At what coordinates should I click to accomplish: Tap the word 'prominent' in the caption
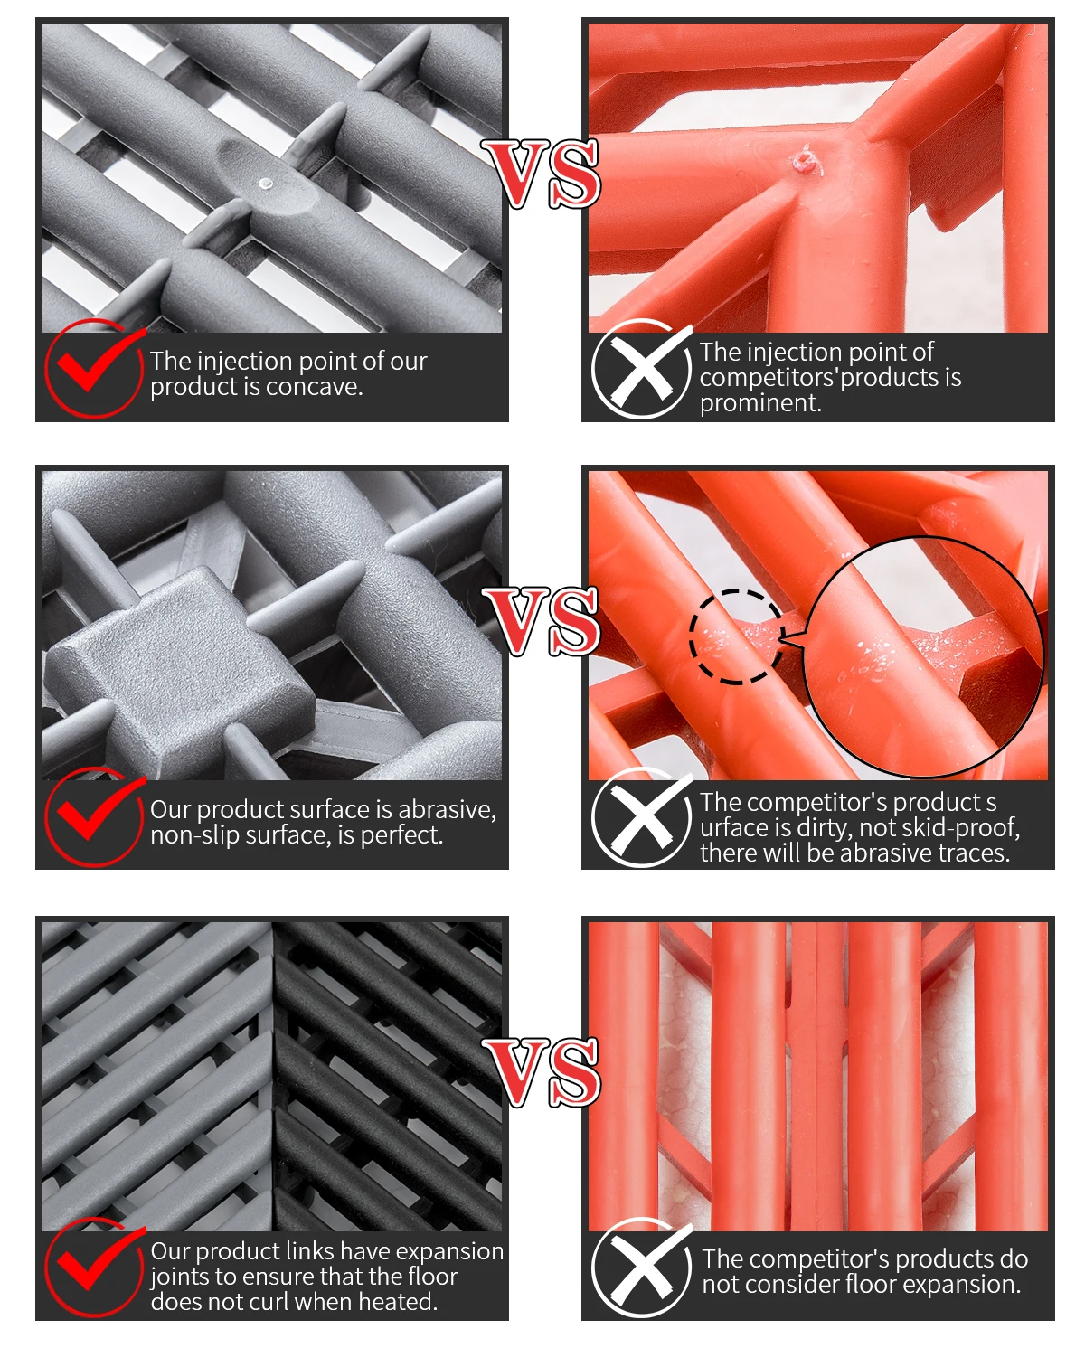(x=759, y=404)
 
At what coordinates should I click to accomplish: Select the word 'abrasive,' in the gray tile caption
(x=447, y=811)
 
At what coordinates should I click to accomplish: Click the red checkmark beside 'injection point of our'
(x=97, y=363)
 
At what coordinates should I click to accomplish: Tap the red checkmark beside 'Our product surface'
(x=97, y=812)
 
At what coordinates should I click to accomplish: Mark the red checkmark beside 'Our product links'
(x=97, y=1260)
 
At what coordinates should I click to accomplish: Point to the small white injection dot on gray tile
(x=266, y=183)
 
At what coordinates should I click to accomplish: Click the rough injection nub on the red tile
(x=805, y=159)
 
